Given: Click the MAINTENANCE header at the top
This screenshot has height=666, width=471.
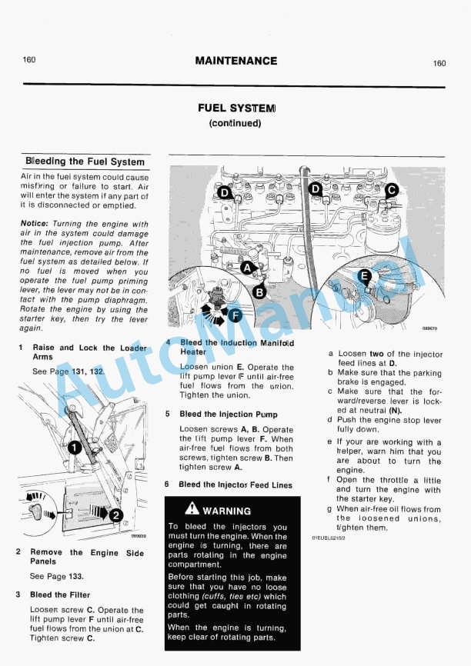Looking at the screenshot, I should [x=235, y=61].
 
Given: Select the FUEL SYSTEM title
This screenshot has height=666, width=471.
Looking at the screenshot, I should [x=235, y=108].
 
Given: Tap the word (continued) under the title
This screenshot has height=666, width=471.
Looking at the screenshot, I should [x=235, y=123].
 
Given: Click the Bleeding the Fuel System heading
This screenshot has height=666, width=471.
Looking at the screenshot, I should [x=85, y=162].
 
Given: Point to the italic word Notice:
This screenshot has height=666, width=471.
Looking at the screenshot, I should [x=35, y=224].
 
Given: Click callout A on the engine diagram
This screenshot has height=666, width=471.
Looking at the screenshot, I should [x=247, y=268].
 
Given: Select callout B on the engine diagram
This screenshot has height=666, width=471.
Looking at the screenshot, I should [x=259, y=291].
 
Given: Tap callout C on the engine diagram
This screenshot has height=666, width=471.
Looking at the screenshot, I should [x=391, y=189].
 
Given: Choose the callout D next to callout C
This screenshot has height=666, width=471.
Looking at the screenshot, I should [x=316, y=188].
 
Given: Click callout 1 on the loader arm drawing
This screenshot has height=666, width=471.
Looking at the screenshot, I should [x=75, y=447].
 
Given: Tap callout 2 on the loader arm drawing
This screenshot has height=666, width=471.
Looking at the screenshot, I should [x=115, y=515].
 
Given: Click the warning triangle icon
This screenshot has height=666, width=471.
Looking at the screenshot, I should [x=192, y=509].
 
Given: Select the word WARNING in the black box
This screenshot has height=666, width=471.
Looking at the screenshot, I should [x=227, y=511].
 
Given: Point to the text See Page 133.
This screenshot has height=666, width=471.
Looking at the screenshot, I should [x=57, y=576].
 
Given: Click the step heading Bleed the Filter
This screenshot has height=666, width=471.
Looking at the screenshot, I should [x=60, y=594].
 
